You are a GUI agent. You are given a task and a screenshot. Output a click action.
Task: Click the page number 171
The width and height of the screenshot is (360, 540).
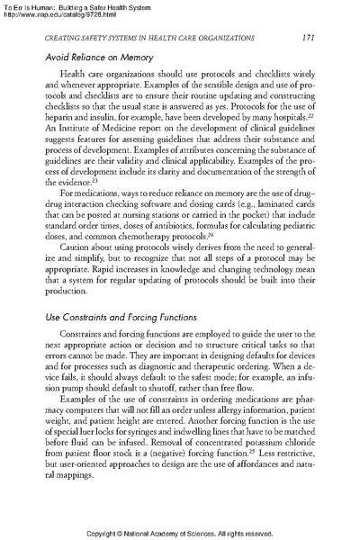coord(306,37)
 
